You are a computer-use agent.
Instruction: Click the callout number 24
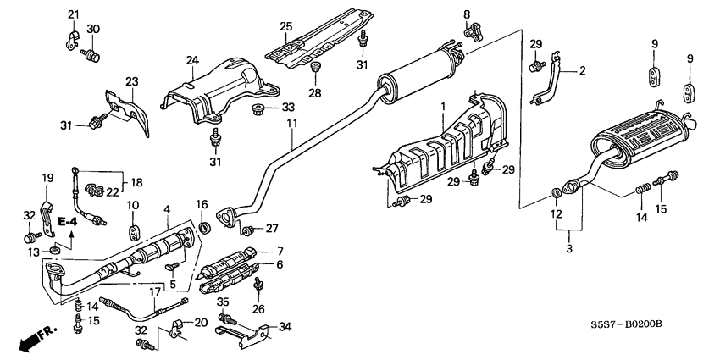(x=192, y=60)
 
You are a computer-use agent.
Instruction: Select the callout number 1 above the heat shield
(x=441, y=107)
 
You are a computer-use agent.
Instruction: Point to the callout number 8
(x=465, y=14)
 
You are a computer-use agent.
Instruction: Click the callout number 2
(x=582, y=72)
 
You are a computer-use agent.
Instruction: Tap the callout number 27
(x=272, y=228)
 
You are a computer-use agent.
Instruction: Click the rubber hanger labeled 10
(x=134, y=230)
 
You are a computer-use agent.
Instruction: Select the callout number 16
(x=201, y=204)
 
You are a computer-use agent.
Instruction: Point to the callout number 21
(x=73, y=14)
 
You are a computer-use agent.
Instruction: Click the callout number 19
(x=47, y=178)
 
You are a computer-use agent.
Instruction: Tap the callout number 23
(x=131, y=81)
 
